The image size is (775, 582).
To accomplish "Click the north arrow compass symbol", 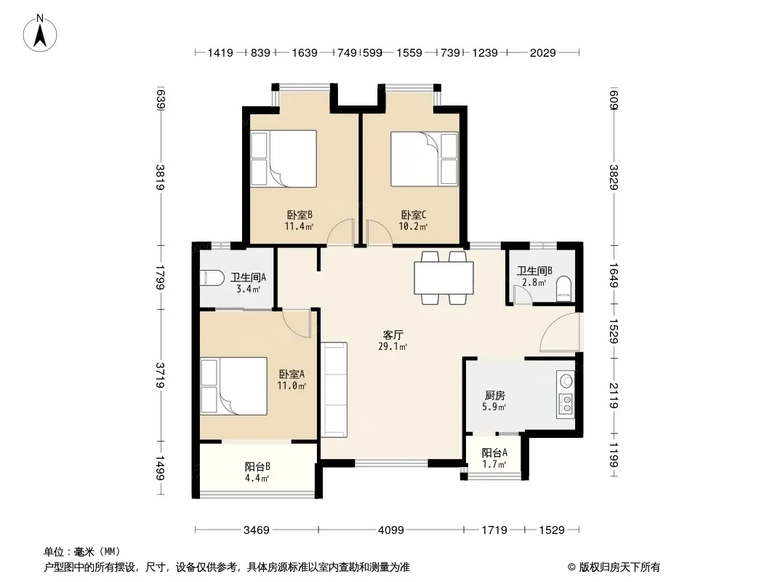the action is (x=39, y=33).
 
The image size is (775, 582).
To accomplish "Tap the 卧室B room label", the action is (x=300, y=215).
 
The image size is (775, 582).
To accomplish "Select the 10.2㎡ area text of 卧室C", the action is (x=413, y=227).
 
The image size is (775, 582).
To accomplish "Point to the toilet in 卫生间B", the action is (x=564, y=289).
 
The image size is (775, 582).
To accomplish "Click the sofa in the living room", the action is (x=334, y=390).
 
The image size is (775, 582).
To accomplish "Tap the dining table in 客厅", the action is (x=444, y=278).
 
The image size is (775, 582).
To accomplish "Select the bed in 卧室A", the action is (x=234, y=386).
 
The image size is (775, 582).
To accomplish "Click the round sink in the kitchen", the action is (x=566, y=380).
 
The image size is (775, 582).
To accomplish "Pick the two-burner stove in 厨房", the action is (x=566, y=404).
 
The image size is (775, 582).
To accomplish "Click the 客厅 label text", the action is (x=393, y=335).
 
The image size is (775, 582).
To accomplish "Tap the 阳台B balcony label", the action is (x=257, y=466).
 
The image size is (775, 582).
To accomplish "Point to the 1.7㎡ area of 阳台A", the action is (x=494, y=465).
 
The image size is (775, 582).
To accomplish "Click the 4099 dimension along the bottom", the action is (x=391, y=530).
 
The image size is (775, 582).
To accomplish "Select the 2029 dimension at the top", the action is (x=542, y=52).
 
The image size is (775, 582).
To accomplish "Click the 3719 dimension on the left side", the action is (x=160, y=375).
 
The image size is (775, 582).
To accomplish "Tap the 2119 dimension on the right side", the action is (x=614, y=396).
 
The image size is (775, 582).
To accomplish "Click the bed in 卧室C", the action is (x=425, y=159).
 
